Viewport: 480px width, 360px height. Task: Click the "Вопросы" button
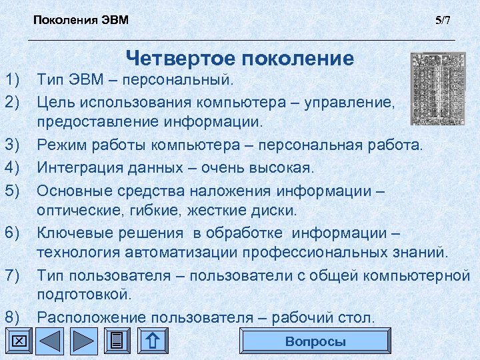coord(315,342)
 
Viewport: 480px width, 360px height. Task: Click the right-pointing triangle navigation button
coord(83,342)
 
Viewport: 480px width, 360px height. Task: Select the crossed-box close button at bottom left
coord(18,342)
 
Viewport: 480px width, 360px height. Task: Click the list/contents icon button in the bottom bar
coord(117,342)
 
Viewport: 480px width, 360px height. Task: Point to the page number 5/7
coord(443,20)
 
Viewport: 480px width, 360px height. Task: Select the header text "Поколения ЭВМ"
coord(81,20)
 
